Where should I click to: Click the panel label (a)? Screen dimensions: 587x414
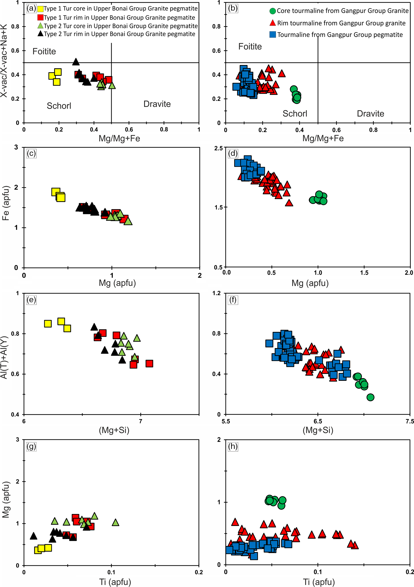(x=31, y=9)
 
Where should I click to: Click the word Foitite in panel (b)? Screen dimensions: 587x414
(x=250, y=47)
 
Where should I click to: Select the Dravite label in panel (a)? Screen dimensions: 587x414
(x=157, y=104)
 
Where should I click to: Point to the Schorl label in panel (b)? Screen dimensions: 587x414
(x=295, y=114)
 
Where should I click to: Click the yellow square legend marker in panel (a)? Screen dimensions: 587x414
(x=40, y=9)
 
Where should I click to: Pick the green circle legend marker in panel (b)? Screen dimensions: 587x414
(x=273, y=11)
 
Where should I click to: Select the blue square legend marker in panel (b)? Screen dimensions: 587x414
(x=273, y=35)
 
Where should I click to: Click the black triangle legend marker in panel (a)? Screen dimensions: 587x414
(x=40, y=34)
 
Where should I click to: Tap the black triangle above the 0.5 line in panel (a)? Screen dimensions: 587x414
(x=76, y=62)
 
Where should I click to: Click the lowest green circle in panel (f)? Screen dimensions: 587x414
(x=370, y=397)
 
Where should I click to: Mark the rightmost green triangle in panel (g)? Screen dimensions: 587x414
(x=116, y=522)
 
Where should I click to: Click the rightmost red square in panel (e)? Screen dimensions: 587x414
(x=149, y=363)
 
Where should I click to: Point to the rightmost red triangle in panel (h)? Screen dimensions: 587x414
(x=354, y=545)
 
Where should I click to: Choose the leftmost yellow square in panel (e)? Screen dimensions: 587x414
(x=48, y=324)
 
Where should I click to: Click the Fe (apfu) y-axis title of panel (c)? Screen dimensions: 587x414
(x=6, y=203)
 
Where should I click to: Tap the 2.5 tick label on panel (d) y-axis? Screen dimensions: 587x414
(x=218, y=148)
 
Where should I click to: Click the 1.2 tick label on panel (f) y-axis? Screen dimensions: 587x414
(x=217, y=293)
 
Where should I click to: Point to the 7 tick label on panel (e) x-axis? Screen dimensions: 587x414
(x=140, y=421)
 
